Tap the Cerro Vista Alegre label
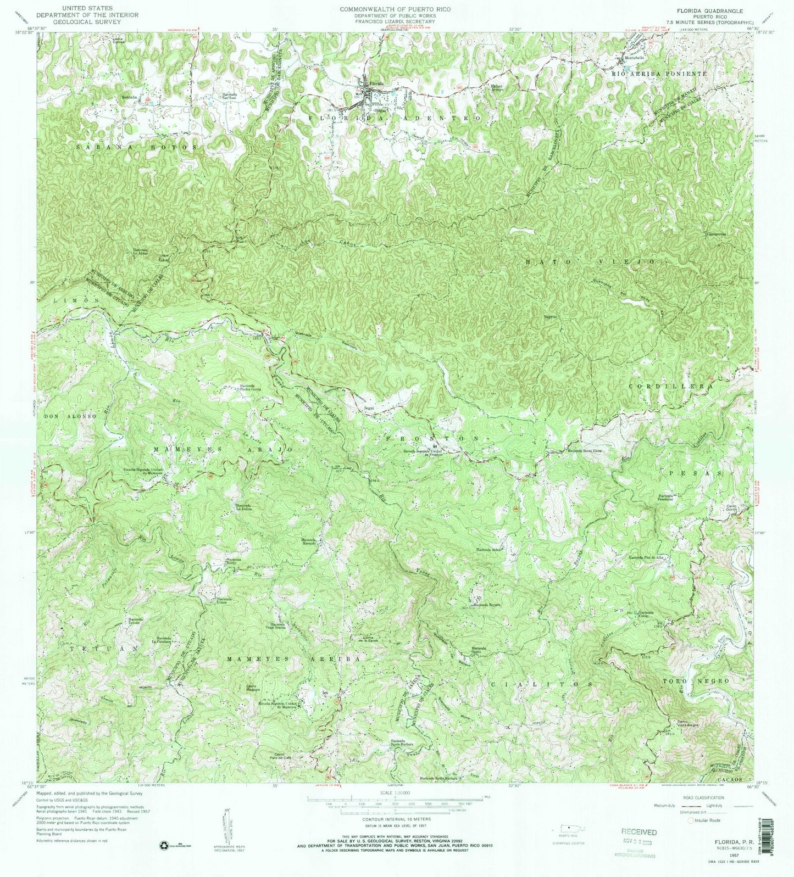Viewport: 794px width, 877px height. point(683,723)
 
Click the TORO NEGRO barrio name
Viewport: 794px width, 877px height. point(697,680)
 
